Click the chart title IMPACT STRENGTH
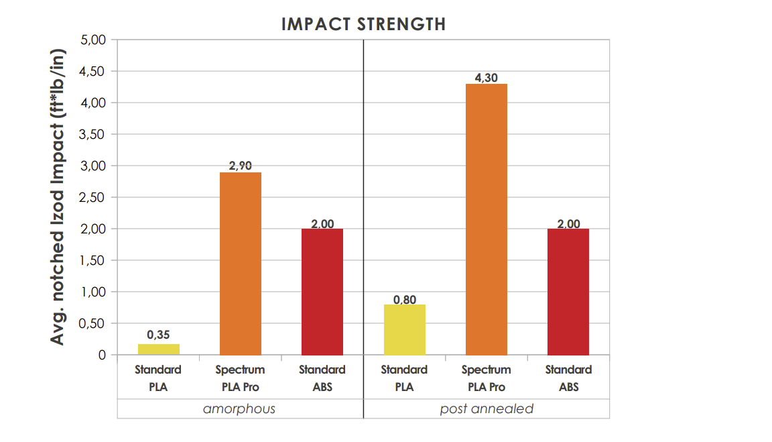(x=363, y=24)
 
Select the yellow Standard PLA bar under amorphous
(x=158, y=349)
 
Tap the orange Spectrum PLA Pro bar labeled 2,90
(x=240, y=263)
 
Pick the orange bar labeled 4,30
(x=486, y=219)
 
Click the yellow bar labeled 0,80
(x=404, y=329)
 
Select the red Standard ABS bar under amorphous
(x=322, y=291)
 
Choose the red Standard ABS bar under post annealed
(x=568, y=291)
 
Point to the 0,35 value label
(x=158, y=334)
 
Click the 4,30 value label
(x=486, y=78)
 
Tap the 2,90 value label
(x=240, y=166)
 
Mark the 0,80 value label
(x=404, y=299)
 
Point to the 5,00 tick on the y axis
(x=94, y=40)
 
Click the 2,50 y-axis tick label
(x=94, y=197)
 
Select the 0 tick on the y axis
(x=102, y=355)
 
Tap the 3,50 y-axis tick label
(x=94, y=134)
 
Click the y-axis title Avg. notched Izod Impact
(x=58, y=197)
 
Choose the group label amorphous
(x=239, y=408)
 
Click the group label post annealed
(x=487, y=408)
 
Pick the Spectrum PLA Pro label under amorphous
(x=240, y=378)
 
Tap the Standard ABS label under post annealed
(x=568, y=378)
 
